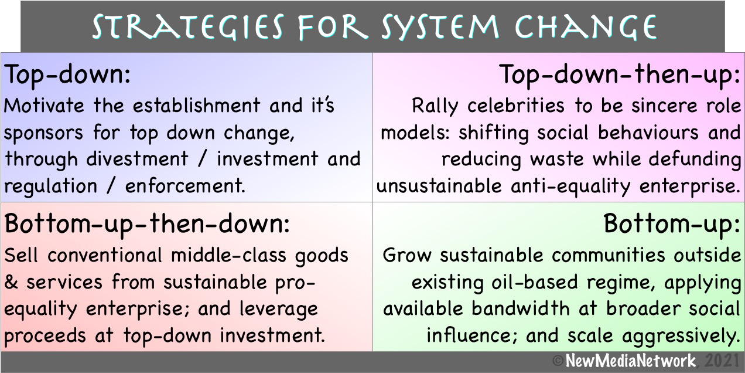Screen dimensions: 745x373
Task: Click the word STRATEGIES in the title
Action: click(x=188, y=26)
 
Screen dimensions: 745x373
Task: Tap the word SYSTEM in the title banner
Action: click(x=440, y=26)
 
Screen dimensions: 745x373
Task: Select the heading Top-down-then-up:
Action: click(x=620, y=76)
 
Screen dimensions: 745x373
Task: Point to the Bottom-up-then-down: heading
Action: click(x=148, y=225)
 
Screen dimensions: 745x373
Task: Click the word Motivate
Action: click(x=44, y=106)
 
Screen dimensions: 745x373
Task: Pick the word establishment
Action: click(x=197, y=106)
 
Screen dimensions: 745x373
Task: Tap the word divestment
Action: click(x=138, y=160)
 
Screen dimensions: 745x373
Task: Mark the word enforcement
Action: click(x=185, y=186)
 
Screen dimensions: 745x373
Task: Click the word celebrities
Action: click(x=516, y=106)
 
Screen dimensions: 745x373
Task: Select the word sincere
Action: click(x=664, y=106)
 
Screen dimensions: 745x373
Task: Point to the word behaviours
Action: click(x=648, y=133)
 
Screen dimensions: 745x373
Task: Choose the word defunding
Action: click(x=695, y=160)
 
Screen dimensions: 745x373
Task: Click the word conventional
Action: click(x=105, y=256)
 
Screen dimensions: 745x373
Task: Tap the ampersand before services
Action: click(x=11, y=282)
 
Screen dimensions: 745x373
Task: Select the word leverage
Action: click(x=279, y=310)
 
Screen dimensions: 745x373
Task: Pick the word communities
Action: click(x=609, y=256)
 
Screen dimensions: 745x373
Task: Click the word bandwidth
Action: click(x=521, y=308)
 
